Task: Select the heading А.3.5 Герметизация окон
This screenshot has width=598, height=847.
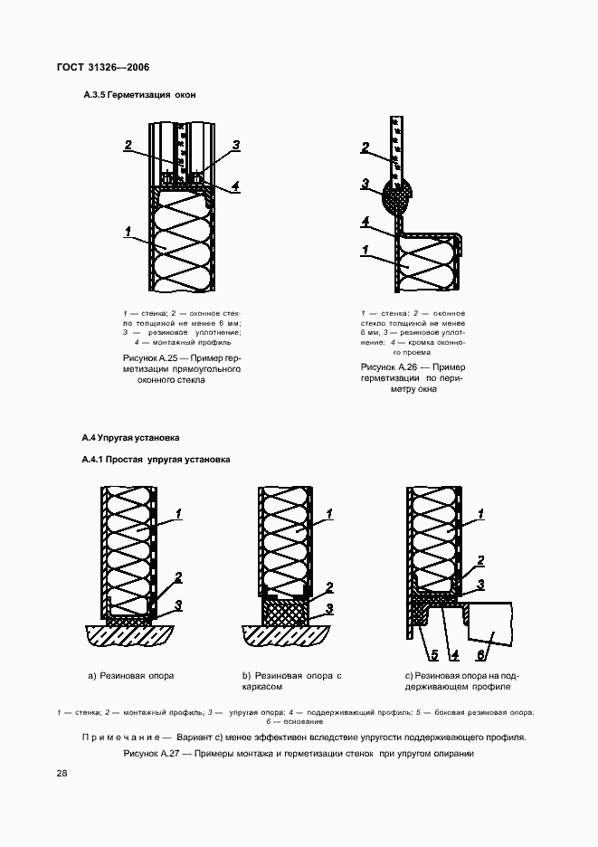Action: pyautogui.click(x=139, y=95)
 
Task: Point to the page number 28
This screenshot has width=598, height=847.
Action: pyautogui.click(x=62, y=773)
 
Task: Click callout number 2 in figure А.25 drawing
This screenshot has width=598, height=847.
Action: pyautogui.click(x=128, y=145)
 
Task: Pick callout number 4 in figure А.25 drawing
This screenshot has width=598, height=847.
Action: pyautogui.click(x=234, y=186)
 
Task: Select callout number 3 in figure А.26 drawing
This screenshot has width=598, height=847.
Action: pyautogui.click(x=365, y=184)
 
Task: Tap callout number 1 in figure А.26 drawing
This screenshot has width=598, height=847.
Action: pyautogui.click(x=365, y=250)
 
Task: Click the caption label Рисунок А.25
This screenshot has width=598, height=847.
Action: pyautogui.click(x=150, y=359)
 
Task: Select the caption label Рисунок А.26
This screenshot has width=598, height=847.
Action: pyautogui.click(x=390, y=367)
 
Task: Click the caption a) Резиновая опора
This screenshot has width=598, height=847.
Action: pyautogui.click(x=130, y=676)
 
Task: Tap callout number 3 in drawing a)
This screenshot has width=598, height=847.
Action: pyautogui.click(x=179, y=604)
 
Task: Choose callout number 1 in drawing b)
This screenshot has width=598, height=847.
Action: pyautogui.click(x=329, y=514)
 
